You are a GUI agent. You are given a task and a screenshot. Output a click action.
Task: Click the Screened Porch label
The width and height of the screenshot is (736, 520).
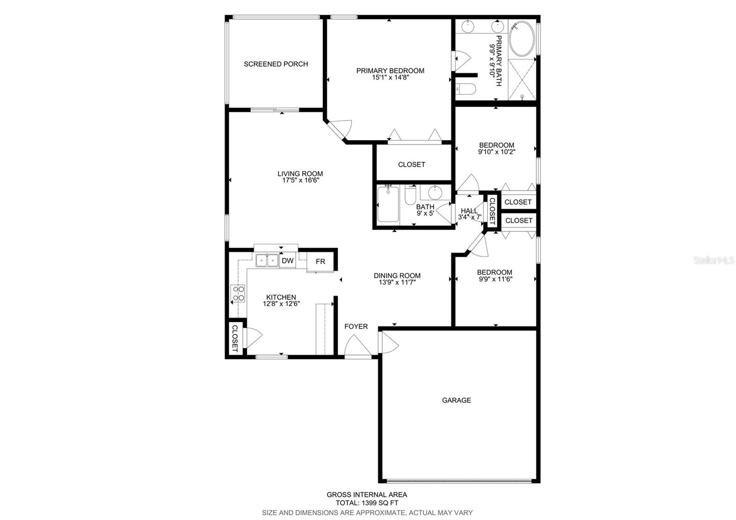point(276,64)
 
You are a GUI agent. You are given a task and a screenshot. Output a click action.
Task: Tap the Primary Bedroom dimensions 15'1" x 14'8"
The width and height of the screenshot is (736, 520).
point(390,78)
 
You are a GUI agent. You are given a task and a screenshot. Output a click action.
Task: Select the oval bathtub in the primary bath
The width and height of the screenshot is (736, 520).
point(522,40)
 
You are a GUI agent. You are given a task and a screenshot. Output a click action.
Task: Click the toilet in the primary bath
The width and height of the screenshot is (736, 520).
point(465,88)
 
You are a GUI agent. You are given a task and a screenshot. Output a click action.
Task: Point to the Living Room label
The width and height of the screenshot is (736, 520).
point(300,173)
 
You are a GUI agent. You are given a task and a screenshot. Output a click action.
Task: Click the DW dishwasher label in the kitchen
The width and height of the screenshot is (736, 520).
point(287,261)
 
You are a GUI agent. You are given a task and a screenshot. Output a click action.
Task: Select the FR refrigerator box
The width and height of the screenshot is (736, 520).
point(321,261)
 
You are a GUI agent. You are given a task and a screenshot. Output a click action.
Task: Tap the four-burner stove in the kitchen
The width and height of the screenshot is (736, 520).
point(238,294)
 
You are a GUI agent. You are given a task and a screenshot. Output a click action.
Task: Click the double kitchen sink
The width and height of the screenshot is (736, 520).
point(267,261)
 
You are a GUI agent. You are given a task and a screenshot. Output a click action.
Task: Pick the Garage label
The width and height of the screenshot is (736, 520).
point(456,400)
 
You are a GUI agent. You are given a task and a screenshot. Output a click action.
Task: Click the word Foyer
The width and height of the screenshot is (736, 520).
point(356,326)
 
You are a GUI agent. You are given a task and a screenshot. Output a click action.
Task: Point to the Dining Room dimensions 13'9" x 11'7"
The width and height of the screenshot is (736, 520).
point(397,283)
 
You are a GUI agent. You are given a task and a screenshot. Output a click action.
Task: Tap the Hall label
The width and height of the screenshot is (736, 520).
point(469,211)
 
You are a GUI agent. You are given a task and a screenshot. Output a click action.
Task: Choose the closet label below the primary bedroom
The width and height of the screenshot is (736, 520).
point(411,164)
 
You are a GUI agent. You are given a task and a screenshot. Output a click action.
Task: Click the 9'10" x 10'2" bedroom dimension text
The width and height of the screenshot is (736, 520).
point(496,152)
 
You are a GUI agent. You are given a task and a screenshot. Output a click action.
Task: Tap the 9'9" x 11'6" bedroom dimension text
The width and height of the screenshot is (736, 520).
point(494,279)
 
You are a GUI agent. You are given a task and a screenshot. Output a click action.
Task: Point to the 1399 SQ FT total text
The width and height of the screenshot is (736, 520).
point(367,503)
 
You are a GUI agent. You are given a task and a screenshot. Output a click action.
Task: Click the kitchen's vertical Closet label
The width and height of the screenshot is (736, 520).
point(234,339)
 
